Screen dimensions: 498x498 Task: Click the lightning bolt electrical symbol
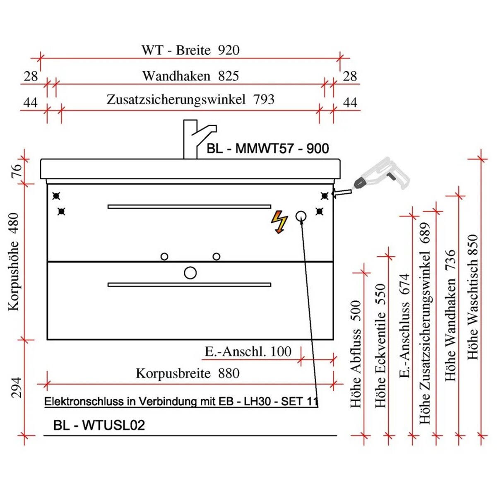click(x=279, y=222)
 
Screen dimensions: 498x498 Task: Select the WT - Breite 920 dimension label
click(x=190, y=51)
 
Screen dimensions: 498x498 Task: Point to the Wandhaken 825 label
click(x=190, y=76)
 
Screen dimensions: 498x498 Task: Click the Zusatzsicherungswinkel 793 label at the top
click(x=190, y=100)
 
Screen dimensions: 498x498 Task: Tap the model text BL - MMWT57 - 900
click(x=268, y=149)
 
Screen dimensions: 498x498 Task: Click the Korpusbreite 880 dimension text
click(x=188, y=373)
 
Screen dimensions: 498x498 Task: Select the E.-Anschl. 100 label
click(x=248, y=351)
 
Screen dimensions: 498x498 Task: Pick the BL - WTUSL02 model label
click(x=99, y=425)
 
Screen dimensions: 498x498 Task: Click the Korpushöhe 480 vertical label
click(x=14, y=262)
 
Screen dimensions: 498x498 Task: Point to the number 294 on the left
click(x=16, y=387)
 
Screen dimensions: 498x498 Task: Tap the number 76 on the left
click(x=15, y=171)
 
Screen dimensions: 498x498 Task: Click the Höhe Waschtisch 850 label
click(x=473, y=297)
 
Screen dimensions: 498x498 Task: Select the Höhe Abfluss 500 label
click(x=356, y=354)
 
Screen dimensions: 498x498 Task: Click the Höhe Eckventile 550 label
click(x=380, y=346)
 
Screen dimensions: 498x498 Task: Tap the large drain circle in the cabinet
click(x=190, y=273)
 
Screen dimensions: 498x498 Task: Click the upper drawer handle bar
click(x=189, y=207)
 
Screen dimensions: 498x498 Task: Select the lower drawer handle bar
click(x=189, y=285)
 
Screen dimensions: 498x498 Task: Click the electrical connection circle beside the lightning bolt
click(x=301, y=216)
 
